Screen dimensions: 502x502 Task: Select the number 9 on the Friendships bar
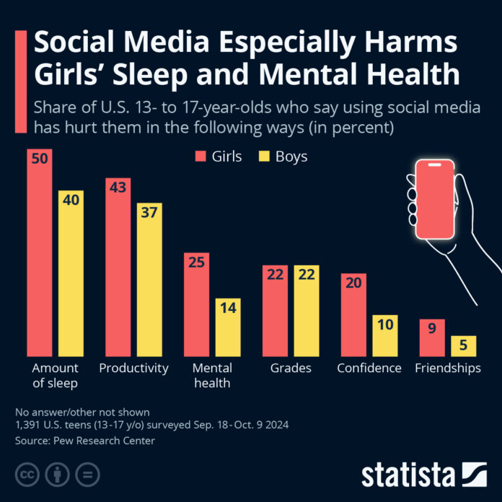pyautogui.click(x=432, y=330)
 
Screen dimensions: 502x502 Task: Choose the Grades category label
pyautogui.click(x=291, y=368)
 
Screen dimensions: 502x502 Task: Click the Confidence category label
pyautogui.click(x=369, y=368)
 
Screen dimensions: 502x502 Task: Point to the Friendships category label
pyautogui.click(x=448, y=368)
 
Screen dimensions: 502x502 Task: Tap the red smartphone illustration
pyautogui.click(x=433, y=199)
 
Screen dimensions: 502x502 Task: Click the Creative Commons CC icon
pyautogui.click(x=27, y=474)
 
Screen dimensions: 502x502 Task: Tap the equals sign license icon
pyautogui.click(x=87, y=474)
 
